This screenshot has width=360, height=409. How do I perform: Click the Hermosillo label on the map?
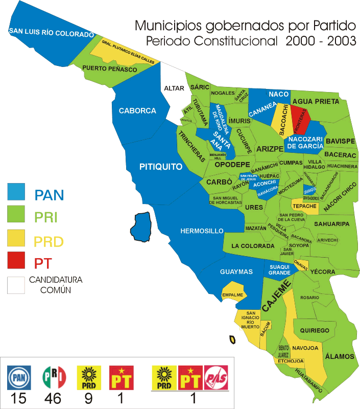click(202, 231)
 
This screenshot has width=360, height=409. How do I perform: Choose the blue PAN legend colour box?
click(18, 192)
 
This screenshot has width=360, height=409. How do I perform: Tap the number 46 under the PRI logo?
click(54, 398)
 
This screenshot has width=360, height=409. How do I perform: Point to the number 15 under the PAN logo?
click(19, 398)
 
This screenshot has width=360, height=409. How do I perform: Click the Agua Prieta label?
click(316, 101)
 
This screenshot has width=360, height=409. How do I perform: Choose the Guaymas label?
click(236, 272)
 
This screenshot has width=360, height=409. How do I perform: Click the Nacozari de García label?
click(305, 142)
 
